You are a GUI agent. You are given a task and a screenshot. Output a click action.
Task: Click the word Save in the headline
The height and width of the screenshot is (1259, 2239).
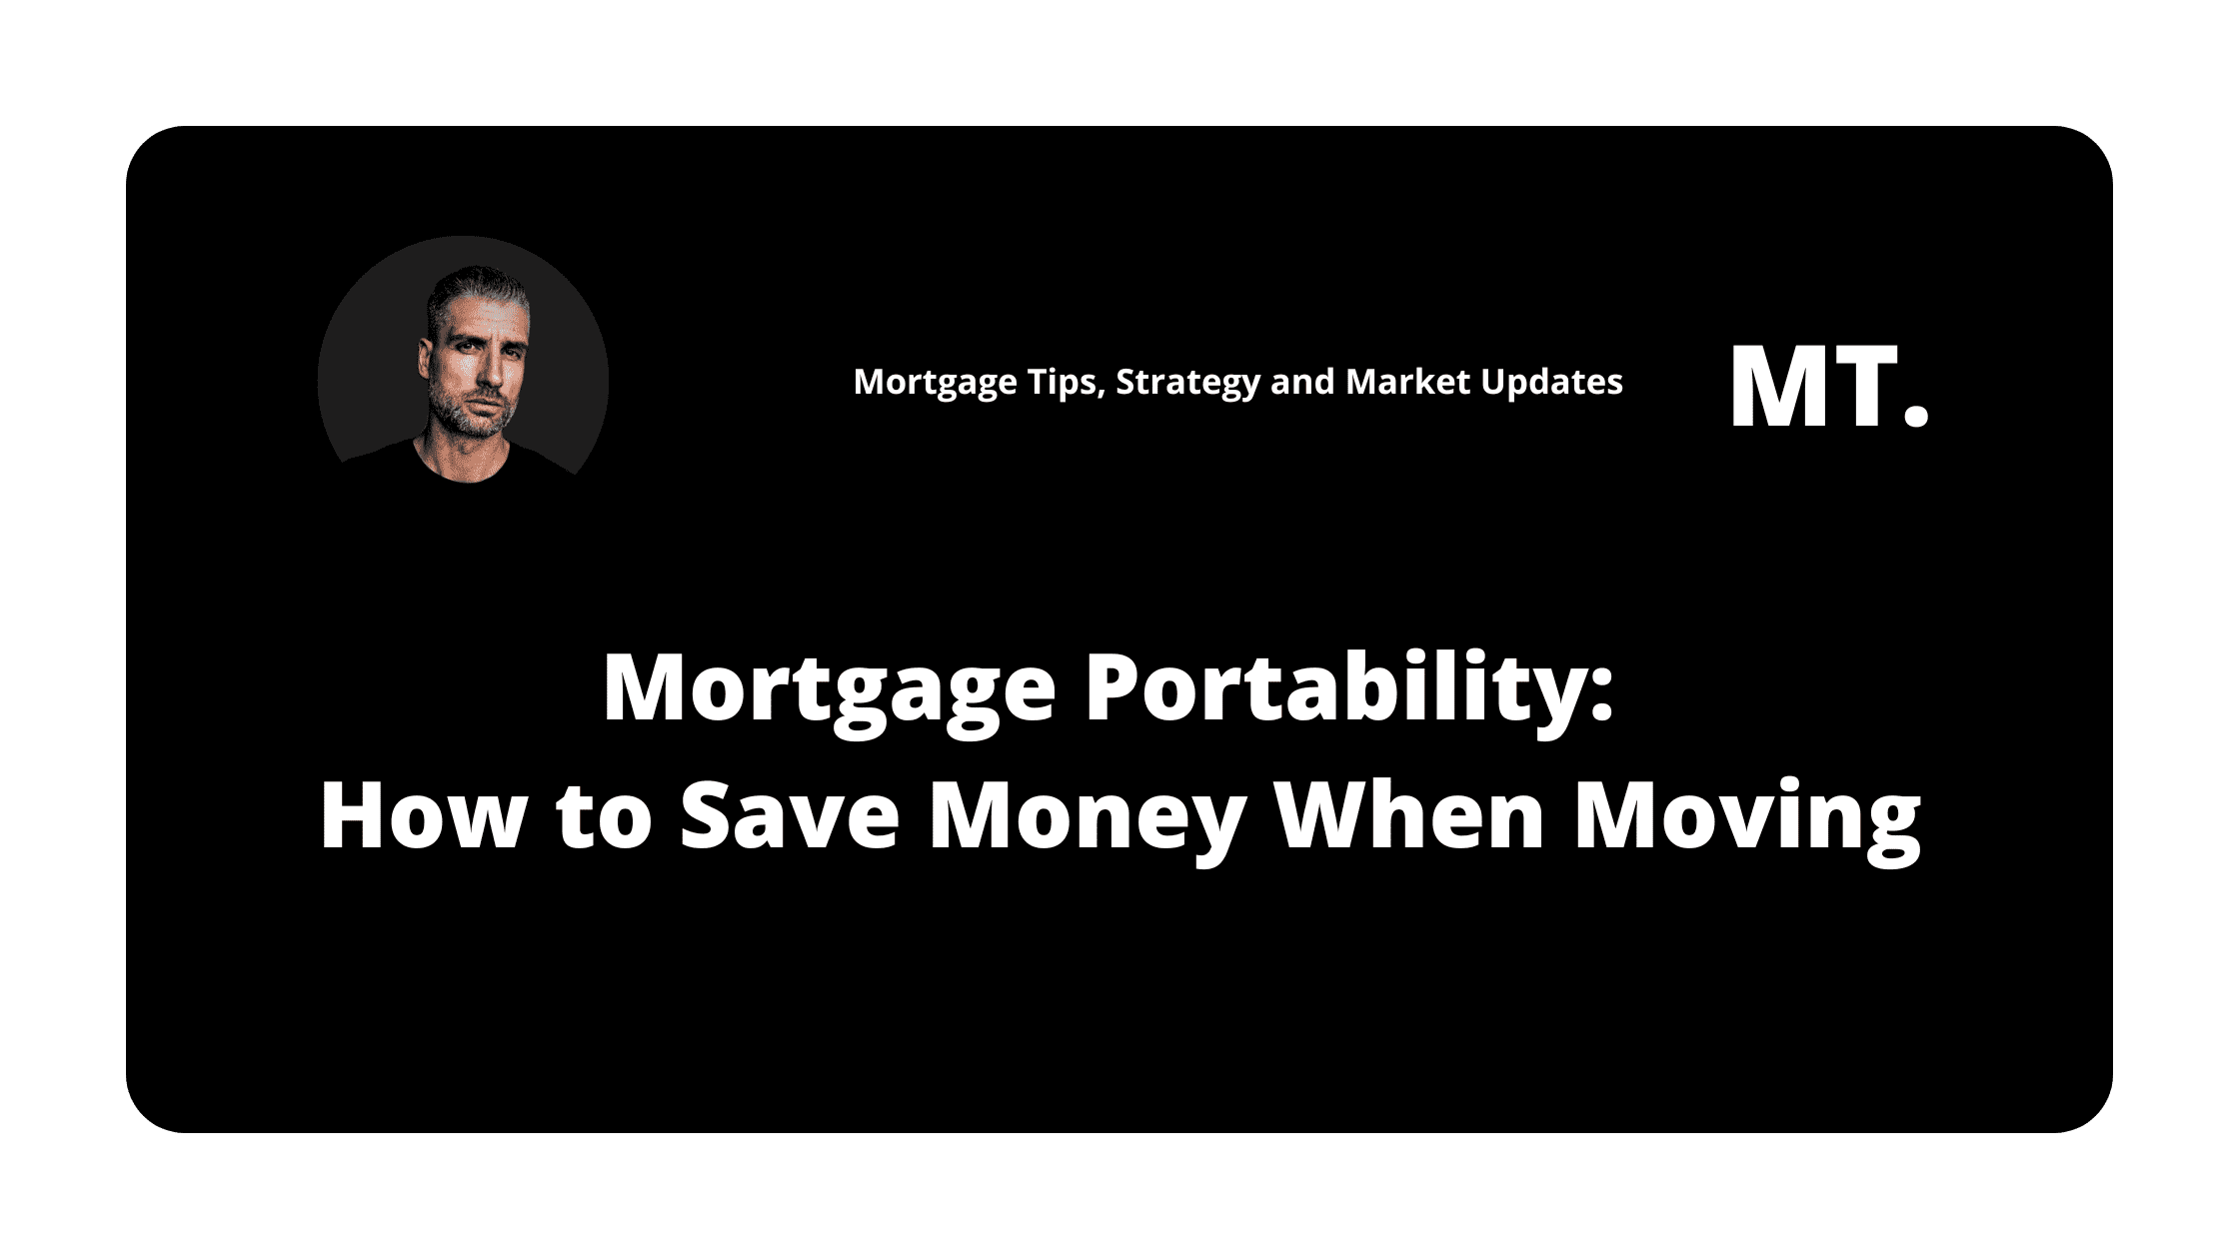click(790, 815)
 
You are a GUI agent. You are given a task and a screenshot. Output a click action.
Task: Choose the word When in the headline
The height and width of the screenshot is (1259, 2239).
click(1409, 815)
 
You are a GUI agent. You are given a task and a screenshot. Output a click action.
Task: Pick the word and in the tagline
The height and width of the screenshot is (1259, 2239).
click(1302, 381)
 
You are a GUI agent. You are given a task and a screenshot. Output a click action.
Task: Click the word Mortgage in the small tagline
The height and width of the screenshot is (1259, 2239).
click(932, 384)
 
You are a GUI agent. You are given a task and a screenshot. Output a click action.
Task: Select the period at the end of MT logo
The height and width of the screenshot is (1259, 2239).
click(1915, 417)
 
